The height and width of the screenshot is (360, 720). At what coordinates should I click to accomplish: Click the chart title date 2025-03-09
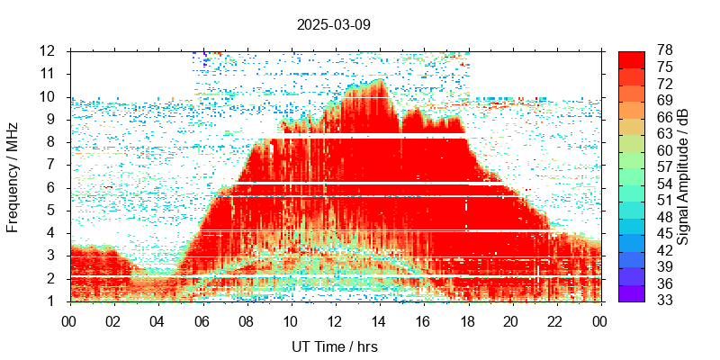point(333,24)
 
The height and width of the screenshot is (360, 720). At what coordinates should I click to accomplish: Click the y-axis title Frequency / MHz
point(13,176)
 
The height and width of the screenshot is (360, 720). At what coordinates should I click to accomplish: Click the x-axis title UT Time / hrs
point(333,346)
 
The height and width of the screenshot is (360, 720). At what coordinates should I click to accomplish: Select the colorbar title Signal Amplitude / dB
point(683,176)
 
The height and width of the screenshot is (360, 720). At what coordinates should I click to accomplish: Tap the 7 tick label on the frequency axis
point(55,165)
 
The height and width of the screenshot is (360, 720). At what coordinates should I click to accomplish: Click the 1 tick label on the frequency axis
point(55,301)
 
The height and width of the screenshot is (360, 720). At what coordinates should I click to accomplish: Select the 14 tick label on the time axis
point(379,319)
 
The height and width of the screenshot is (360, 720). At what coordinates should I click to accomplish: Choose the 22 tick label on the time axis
point(556,319)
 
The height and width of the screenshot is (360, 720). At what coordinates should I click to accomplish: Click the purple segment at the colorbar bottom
point(631,292)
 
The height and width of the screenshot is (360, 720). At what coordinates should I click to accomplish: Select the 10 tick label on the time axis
point(290,319)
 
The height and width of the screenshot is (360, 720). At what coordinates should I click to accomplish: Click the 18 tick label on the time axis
point(467,319)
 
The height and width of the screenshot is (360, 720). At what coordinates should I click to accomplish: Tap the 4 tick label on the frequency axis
point(55,233)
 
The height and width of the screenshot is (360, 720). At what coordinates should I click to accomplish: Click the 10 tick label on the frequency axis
point(50,96)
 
